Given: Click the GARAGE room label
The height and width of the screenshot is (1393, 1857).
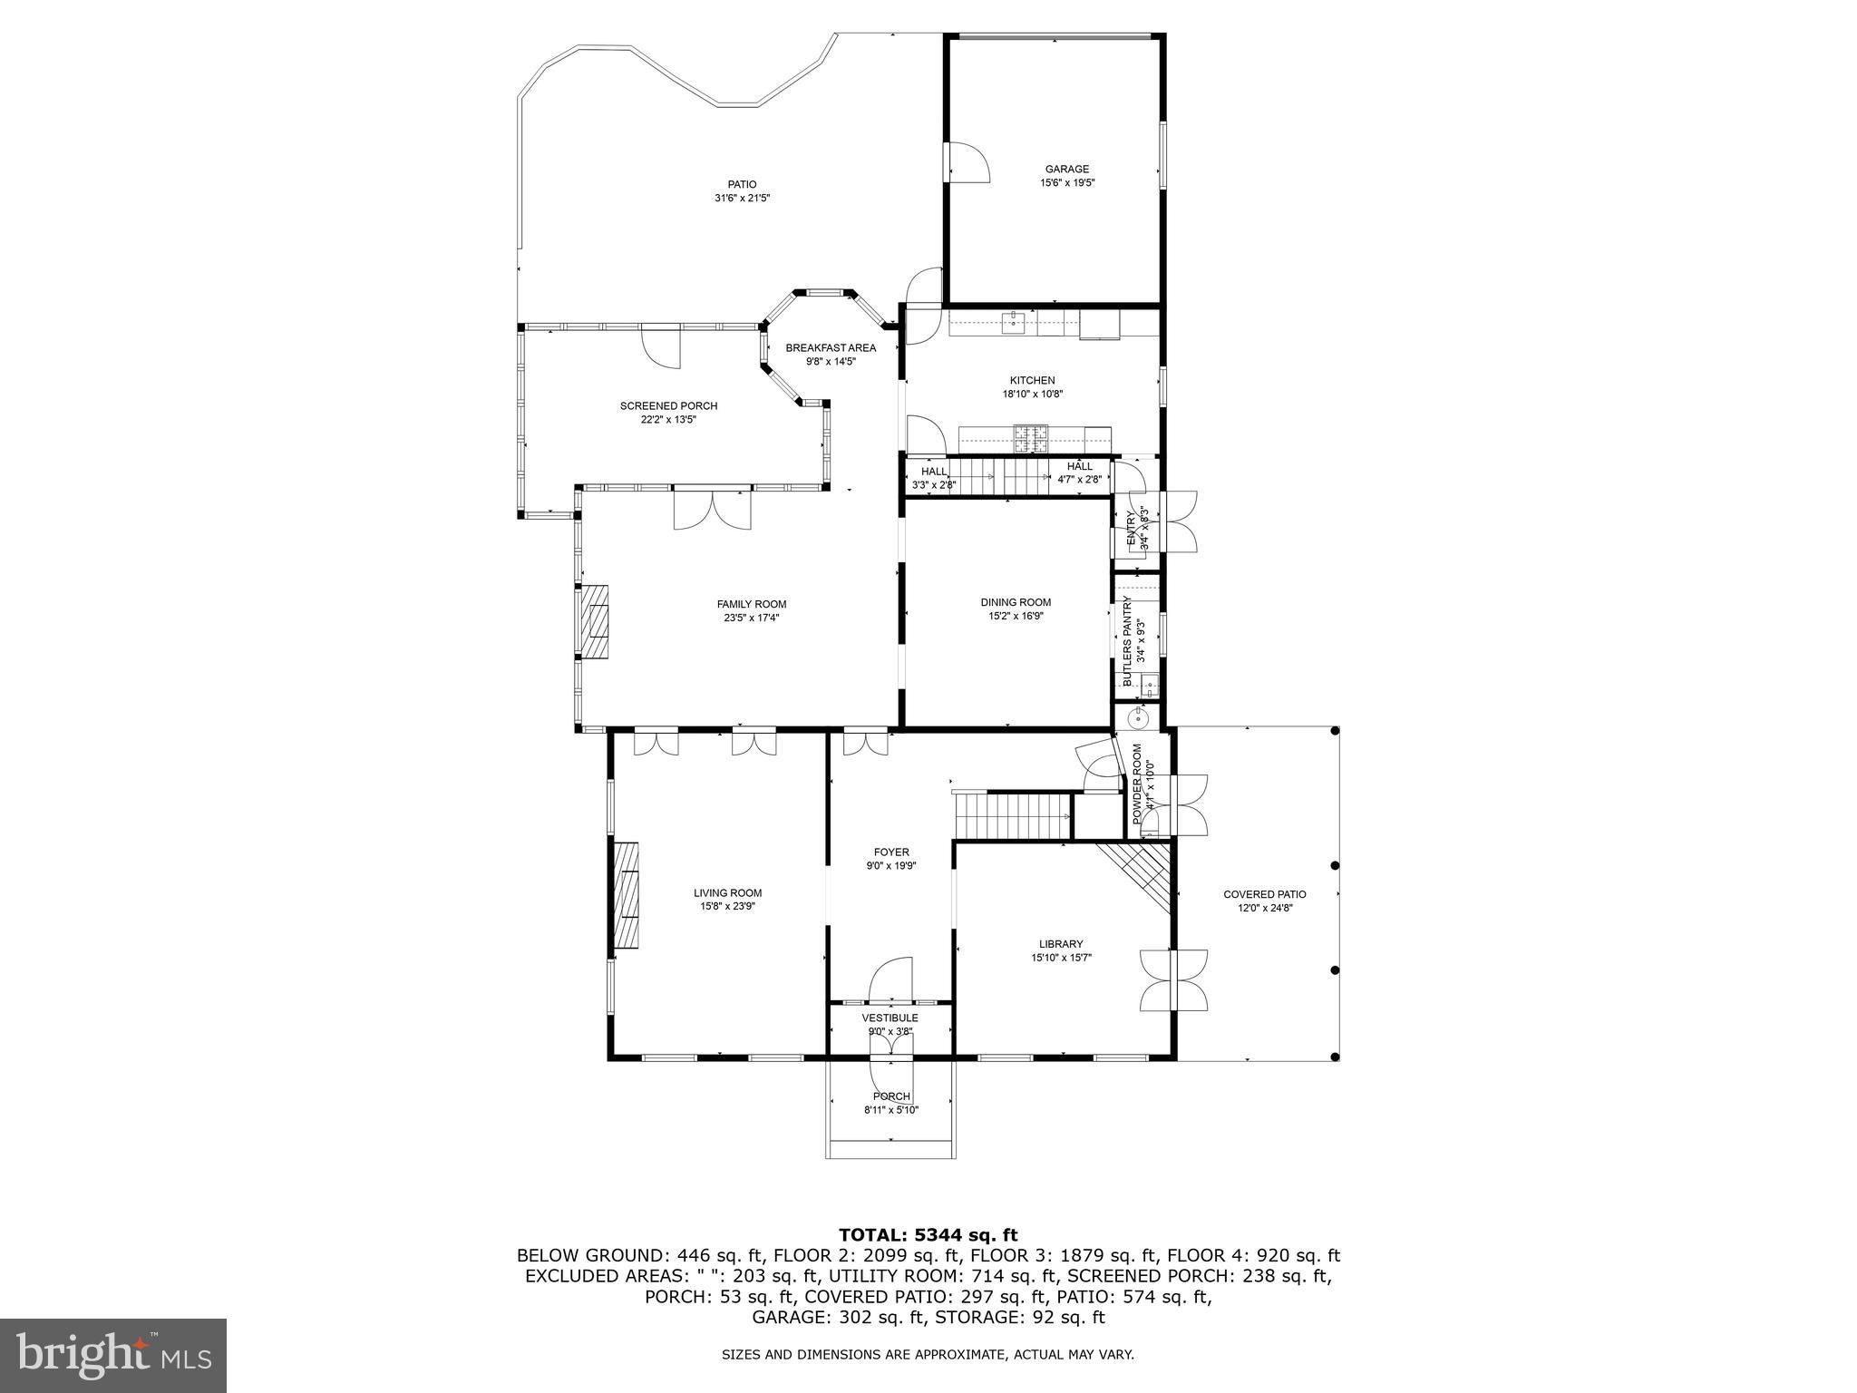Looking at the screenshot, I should click(x=1066, y=169).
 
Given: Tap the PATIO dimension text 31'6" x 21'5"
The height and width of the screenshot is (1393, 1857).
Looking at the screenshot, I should click(x=742, y=198).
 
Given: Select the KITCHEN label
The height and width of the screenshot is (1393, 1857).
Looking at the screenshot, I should click(x=1032, y=380).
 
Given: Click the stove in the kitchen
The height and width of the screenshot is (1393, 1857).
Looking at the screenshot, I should click(x=1031, y=439).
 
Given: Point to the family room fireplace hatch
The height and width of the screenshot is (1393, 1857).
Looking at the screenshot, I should click(x=595, y=620).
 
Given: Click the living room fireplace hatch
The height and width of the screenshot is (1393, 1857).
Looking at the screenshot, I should click(x=627, y=895).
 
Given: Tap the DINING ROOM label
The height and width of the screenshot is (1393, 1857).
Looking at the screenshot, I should click(x=1016, y=602).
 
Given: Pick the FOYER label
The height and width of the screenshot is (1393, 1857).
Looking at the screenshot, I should click(x=891, y=852).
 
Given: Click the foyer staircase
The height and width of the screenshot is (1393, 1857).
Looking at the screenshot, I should click(x=1014, y=815).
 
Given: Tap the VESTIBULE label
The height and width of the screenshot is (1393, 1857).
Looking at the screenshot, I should click(x=890, y=1018).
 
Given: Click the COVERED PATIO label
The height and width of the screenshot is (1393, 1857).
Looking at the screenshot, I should click(x=1264, y=894).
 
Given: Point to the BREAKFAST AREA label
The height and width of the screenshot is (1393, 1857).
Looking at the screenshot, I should click(x=831, y=347).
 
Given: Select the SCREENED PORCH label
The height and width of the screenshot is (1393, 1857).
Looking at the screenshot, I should click(x=668, y=405).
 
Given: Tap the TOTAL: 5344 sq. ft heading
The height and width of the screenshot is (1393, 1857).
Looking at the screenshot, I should click(x=928, y=1234).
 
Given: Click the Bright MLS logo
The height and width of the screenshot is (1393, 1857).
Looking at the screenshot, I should click(x=113, y=1356).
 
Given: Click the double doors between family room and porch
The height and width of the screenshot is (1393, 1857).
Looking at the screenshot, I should click(x=713, y=510).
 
